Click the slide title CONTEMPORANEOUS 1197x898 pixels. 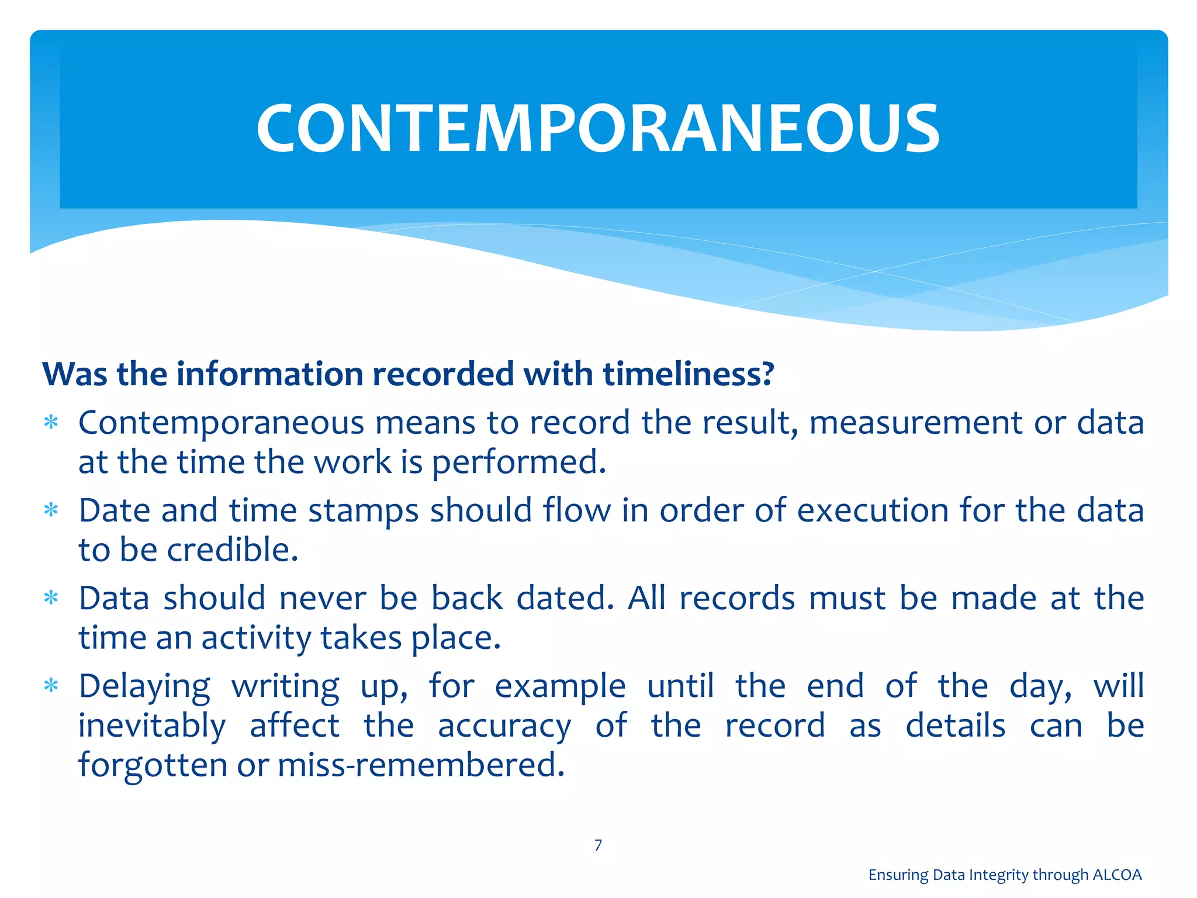(x=598, y=128)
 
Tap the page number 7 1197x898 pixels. (x=598, y=845)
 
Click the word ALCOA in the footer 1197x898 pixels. (x=1117, y=875)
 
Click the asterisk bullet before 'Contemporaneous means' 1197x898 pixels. (x=51, y=422)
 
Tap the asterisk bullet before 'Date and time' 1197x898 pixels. (x=51, y=510)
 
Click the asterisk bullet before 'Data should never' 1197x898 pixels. (x=51, y=598)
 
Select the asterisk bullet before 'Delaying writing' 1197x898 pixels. (x=51, y=685)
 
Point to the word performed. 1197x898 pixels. (x=518, y=462)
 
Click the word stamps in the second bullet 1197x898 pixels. (x=364, y=510)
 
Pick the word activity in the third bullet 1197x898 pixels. (x=256, y=638)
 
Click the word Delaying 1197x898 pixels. (x=144, y=686)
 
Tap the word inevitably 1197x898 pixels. (x=152, y=726)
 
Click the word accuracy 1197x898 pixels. (x=504, y=726)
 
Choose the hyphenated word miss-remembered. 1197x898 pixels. (x=421, y=765)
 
